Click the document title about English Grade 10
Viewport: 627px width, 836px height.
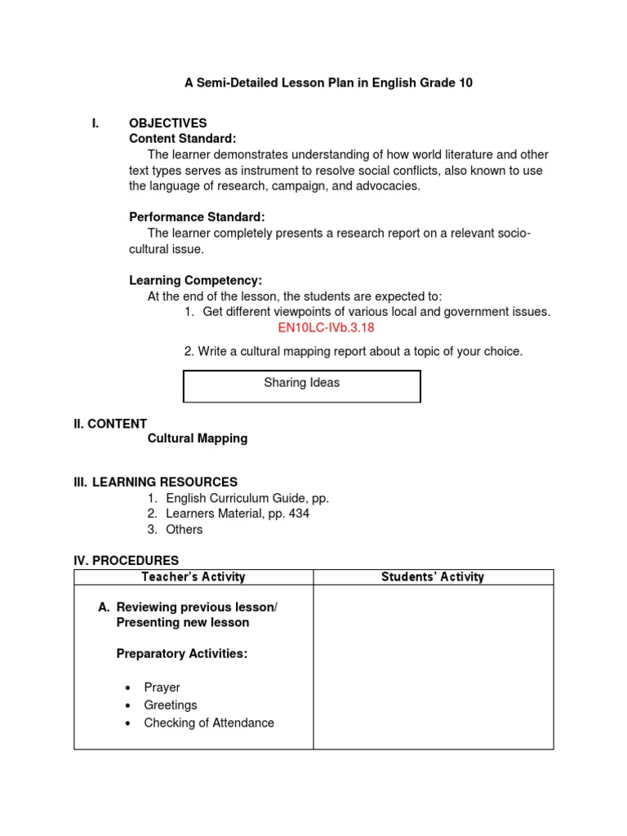(x=328, y=82)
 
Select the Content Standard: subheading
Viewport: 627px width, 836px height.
(x=182, y=139)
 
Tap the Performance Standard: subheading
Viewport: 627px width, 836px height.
(x=197, y=217)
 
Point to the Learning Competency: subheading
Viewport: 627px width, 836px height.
(x=195, y=280)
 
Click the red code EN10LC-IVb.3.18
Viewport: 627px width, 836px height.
(x=327, y=327)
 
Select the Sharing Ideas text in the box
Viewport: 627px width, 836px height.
(x=301, y=382)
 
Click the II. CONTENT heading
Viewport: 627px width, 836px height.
(x=110, y=424)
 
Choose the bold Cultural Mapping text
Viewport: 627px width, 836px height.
(x=197, y=438)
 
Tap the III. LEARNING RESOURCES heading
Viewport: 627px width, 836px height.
(x=156, y=482)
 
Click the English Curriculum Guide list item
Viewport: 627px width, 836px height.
(x=247, y=498)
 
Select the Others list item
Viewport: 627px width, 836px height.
(x=184, y=529)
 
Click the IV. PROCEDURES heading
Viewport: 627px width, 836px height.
(x=126, y=560)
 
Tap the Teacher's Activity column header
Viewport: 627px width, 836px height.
(x=193, y=576)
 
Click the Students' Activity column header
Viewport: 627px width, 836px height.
(x=433, y=576)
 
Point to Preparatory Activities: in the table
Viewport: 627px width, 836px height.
(x=182, y=653)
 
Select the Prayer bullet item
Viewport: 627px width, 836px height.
(x=162, y=687)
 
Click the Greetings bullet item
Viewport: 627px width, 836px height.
(x=170, y=705)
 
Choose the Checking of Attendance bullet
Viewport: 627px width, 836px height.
(x=208, y=723)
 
